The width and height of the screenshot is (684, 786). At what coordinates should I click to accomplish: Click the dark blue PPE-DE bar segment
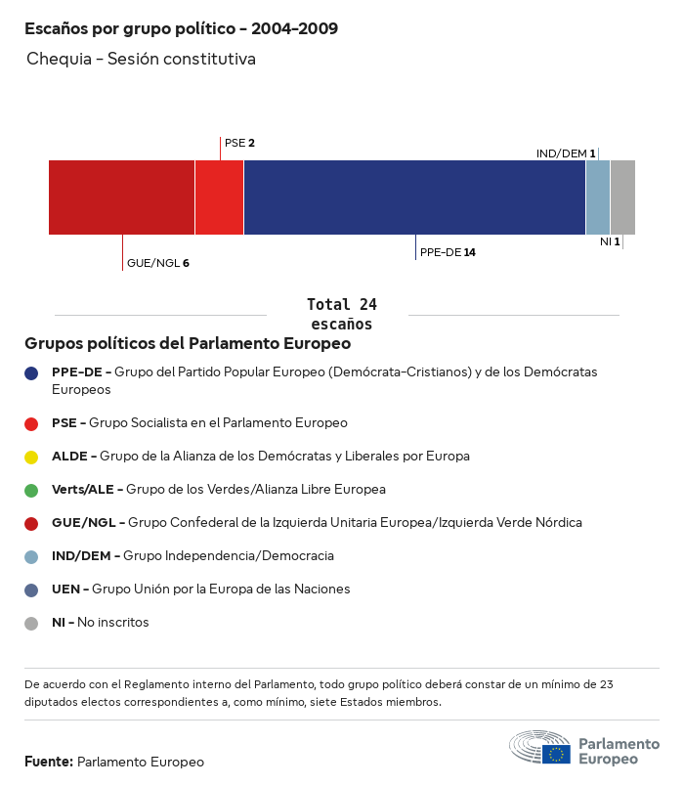click(x=414, y=197)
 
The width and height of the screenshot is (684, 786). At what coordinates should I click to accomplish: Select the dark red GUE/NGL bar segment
click(x=121, y=197)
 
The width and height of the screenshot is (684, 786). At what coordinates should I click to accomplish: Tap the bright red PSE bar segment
click(x=219, y=197)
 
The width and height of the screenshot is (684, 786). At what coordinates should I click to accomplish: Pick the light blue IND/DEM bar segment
click(x=598, y=197)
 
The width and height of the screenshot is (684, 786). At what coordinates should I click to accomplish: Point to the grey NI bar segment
click(x=622, y=197)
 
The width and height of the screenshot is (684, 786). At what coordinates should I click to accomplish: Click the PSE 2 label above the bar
click(x=239, y=143)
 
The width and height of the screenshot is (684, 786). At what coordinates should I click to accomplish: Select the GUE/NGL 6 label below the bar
click(x=157, y=263)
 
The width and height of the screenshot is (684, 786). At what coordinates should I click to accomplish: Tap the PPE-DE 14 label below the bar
click(x=448, y=252)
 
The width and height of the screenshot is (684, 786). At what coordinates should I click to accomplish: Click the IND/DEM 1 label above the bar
click(x=566, y=153)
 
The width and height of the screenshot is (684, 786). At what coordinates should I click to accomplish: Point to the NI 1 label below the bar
click(x=610, y=241)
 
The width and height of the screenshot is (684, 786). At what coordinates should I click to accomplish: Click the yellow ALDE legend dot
click(x=31, y=457)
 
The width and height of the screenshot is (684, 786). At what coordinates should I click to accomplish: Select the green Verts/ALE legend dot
click(x=31, y=490)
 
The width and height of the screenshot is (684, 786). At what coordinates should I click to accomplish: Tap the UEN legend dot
click(x=31, y=589)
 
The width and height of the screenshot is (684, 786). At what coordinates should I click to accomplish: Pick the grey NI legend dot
click(x=31, y=623)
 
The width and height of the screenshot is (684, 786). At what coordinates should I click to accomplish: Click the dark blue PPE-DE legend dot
click(x=31, y=372)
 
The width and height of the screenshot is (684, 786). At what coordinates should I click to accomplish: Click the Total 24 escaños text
click(x=341, y=314)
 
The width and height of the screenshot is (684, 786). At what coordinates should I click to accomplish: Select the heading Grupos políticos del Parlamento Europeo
click(x=188, y=344)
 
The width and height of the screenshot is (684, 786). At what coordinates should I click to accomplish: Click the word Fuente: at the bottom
click(x=49, y=762)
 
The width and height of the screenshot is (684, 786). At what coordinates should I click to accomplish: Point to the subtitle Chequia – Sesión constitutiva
click(x=141, y=59)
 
